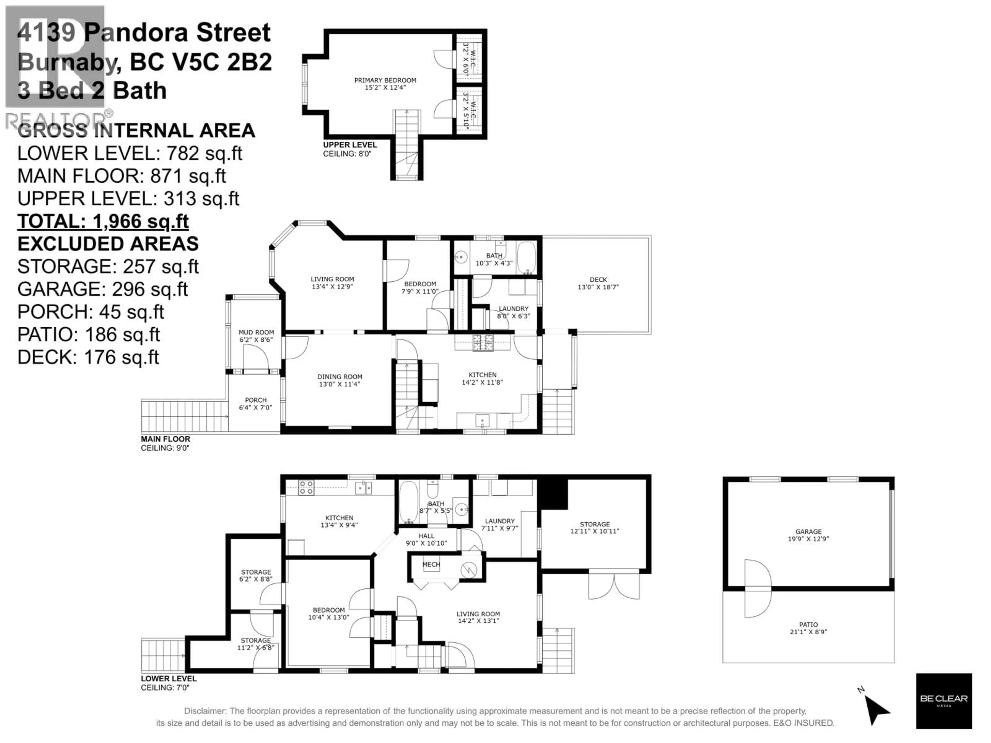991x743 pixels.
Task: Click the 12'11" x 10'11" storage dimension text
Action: click(x=595, y=531)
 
